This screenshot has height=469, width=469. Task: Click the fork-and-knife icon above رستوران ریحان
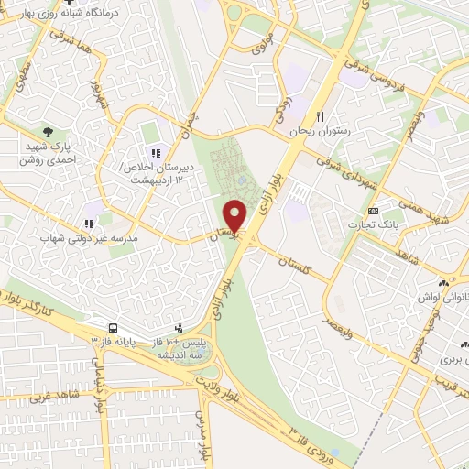[321, 116]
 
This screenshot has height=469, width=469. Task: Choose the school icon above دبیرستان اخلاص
[156, 152]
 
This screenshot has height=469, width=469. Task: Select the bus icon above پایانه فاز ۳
[112, 327]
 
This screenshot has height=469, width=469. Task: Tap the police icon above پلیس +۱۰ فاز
[179, 326]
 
